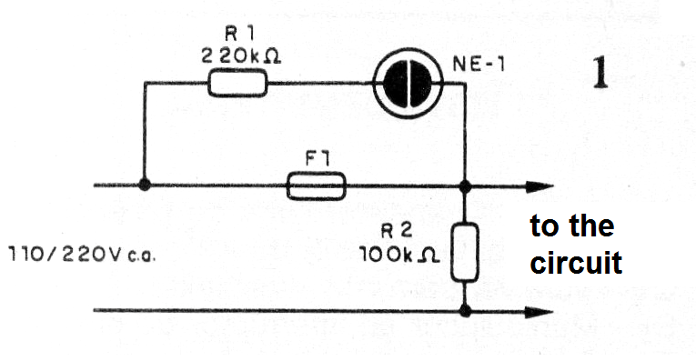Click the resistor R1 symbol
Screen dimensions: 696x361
238,83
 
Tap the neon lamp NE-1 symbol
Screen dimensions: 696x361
408,83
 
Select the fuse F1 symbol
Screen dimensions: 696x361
316,186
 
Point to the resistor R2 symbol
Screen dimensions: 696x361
465,253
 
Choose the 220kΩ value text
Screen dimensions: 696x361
241,56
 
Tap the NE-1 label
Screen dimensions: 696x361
479,65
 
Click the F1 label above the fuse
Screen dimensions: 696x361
317,159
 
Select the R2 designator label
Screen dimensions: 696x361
397,231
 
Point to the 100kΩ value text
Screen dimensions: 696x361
399,255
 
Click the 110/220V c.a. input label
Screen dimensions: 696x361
82,255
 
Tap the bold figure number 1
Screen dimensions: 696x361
600,73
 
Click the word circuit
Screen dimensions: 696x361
576,262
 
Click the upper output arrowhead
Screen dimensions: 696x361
540,186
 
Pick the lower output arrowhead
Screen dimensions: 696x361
540,311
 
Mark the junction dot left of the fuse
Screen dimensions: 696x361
145,185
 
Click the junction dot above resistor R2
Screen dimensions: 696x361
465,186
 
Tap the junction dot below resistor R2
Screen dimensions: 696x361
465,310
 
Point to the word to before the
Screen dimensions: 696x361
544,226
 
